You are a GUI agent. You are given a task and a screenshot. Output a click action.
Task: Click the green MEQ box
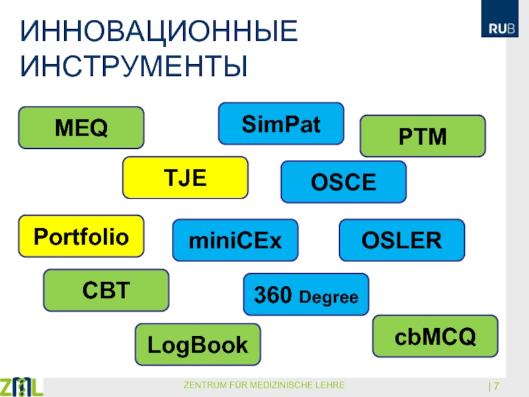point(81,128)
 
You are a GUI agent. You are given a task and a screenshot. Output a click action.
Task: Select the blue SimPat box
point(281,124)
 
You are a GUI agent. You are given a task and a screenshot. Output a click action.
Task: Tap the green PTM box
point(423,136)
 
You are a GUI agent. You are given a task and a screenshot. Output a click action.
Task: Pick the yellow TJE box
point(185,177)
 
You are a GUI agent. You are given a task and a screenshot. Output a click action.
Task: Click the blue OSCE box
point(343,182)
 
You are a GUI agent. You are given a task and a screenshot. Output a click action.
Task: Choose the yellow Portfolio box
point(81,236)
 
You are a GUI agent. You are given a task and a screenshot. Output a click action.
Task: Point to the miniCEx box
point(235,240)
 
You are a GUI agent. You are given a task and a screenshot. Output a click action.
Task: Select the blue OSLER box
point(402,240)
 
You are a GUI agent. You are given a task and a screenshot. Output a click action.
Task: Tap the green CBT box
point(106,290)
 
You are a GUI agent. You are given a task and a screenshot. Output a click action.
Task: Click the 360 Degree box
point(306,294)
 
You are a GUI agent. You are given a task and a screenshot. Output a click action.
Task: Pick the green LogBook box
point(198,344)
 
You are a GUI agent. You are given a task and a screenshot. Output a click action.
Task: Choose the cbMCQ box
point(435,336)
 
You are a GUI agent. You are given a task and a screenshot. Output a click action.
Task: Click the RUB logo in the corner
point(500,19)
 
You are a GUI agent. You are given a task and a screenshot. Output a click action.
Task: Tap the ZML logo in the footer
point(21,386)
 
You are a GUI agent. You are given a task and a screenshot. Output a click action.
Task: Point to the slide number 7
point(497,386)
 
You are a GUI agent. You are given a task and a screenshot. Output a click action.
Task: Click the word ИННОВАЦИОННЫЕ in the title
point(159,31)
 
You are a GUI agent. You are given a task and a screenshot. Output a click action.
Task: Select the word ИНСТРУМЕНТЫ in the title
point(134,66)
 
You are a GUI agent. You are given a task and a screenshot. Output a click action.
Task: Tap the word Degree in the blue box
point(329,298)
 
